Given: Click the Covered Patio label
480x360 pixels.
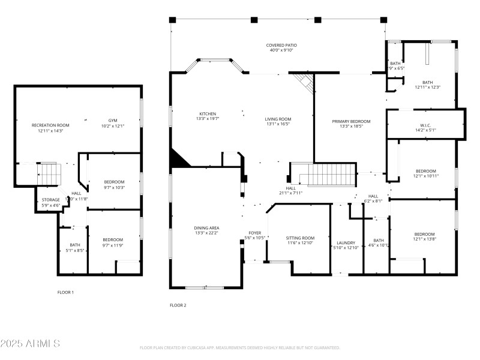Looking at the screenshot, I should [282, 45].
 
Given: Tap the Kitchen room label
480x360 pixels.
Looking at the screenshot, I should [208, 113].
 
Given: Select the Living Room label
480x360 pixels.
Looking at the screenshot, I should [278, 119].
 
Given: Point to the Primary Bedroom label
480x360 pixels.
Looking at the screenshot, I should [351, 121].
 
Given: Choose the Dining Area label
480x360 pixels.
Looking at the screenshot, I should [206, 227].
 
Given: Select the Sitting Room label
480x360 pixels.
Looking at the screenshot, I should [299, 238].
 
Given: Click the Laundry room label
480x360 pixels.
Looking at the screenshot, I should [346, 242].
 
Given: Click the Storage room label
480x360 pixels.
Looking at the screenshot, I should [50, 200].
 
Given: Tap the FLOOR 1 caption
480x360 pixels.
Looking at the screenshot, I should [65, 292].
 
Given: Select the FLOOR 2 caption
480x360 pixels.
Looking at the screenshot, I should [178, 305].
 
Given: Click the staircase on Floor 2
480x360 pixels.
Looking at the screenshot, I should [328, 175].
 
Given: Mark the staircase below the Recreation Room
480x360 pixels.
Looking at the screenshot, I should [49, 175].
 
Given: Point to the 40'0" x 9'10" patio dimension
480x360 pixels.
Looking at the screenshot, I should [282, 50].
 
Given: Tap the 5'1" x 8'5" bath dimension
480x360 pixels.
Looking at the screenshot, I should [74, 250].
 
